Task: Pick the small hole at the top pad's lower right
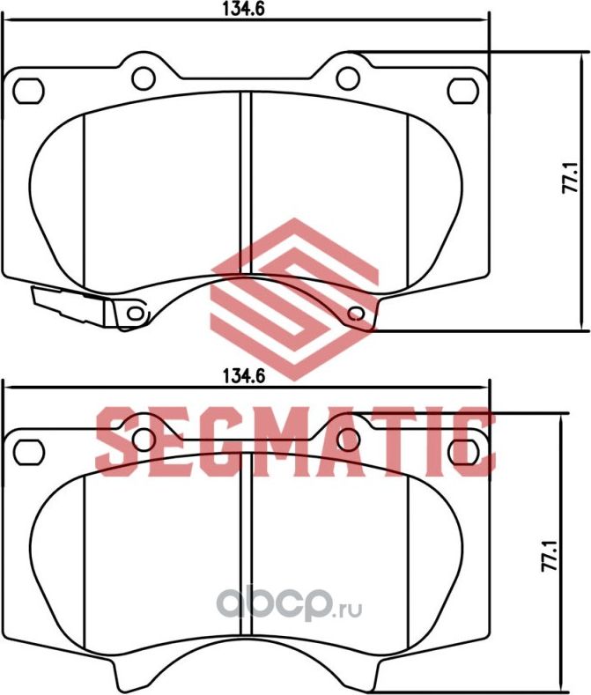(x=357, y=313)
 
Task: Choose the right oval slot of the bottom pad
(x=462, y=449)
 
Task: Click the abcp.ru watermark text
(x=290, y=606)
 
